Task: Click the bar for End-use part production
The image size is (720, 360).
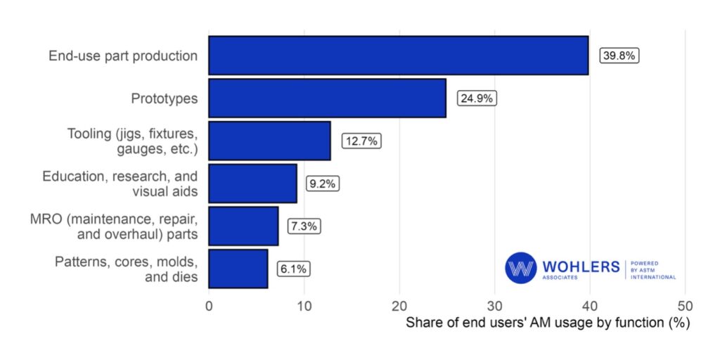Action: (398, 56)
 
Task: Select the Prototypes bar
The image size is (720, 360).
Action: (327, 98)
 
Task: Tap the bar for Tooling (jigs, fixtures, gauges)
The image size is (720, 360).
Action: (269, 141)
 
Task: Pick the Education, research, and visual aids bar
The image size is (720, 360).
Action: (252, 184)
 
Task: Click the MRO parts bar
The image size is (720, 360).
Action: (243, 226)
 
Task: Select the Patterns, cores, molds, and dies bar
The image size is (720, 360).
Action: (238, 269)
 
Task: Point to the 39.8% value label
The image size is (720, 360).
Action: (619, 56)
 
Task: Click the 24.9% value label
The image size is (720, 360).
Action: (477, 98)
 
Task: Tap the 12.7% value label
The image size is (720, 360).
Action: (361, 141)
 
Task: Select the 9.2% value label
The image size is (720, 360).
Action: (323, 184)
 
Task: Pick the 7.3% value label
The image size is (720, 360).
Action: (304, 226)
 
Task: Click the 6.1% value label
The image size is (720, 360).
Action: (293, 269)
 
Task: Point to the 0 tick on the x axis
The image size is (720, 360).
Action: (209, 307)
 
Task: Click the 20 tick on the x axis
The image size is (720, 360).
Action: (399, 307)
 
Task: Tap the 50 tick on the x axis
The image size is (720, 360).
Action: (685, 307)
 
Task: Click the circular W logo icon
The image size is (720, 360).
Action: (520, 268)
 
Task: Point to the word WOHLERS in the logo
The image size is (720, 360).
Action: (581, 266)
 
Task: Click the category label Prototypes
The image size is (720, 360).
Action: (165, 98)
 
